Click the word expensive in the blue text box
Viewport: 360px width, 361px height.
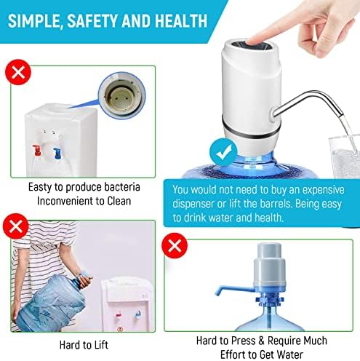319,189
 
